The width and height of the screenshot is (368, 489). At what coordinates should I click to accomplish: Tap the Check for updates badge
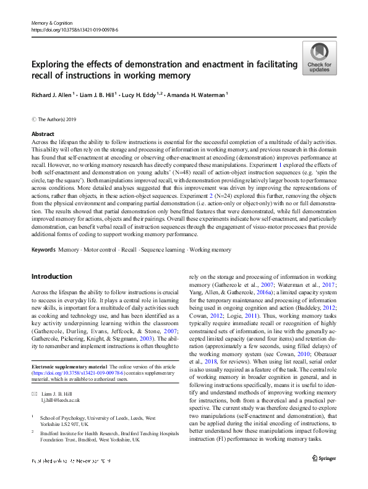pos(319,58)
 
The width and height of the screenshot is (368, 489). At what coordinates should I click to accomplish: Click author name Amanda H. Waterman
pos(200,95)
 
